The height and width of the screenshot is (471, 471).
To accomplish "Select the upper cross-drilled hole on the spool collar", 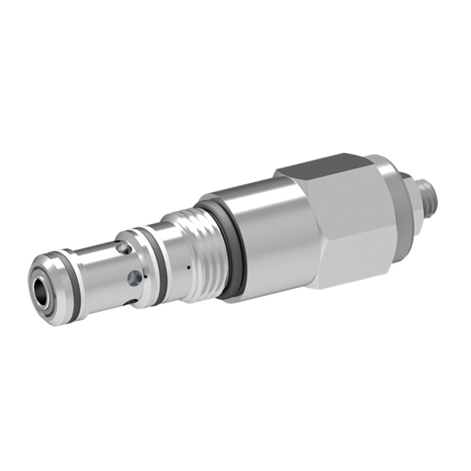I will point(127,249).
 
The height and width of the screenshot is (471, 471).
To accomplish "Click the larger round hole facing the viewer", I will point(135,277).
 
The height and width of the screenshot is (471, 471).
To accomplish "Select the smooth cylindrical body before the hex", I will point(265,235).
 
